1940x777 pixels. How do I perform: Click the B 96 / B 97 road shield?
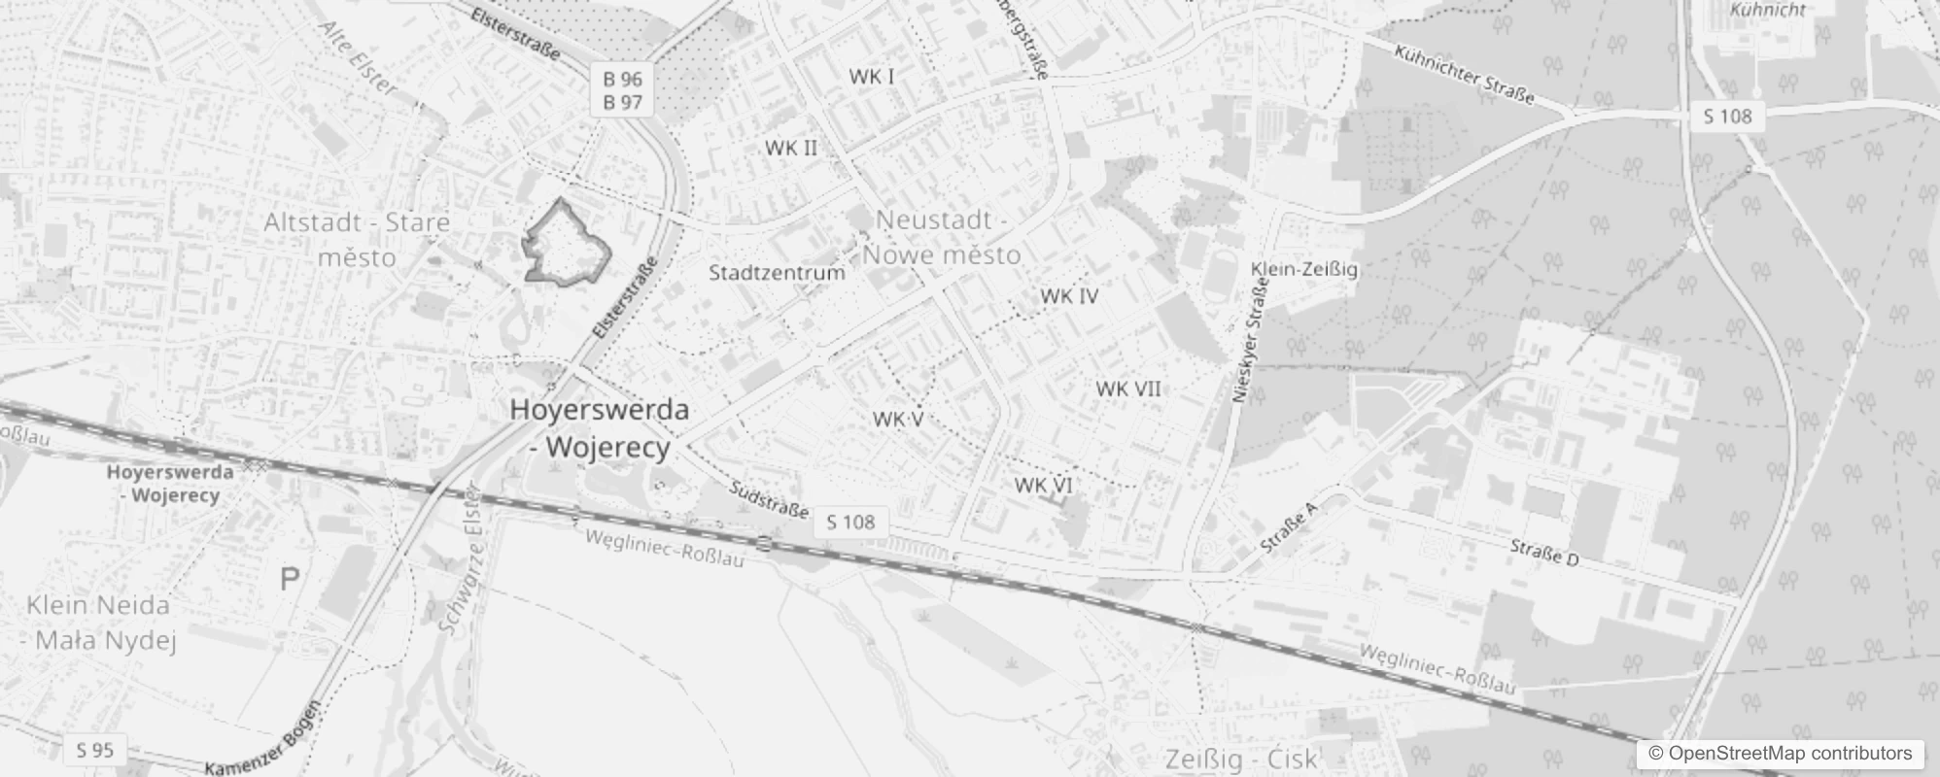tap(623, 90)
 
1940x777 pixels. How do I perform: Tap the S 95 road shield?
tap(95, 750)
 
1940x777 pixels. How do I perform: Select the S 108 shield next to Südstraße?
tap(850, 522)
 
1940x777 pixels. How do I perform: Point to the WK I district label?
tap(872, 77)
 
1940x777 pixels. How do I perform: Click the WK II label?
tap(791, 148)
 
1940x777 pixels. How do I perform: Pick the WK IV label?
tap(1069, 295)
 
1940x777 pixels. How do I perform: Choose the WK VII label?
tap(1128, 388)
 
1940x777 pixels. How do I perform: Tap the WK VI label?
tap(1043, 485)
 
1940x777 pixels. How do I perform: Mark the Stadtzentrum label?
tap(777, 272)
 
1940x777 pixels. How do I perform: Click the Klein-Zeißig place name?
tap(1304, 269)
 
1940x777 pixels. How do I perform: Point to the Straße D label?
tap(1545, 553)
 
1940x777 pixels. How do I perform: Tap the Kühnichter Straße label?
tap(1464, 74)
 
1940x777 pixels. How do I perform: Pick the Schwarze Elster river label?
tap(461, 558)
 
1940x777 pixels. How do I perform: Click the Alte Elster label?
tap(359, 59)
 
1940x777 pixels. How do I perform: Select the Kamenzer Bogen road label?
tap(261, 739)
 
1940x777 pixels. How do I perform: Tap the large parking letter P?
tap(290, 580)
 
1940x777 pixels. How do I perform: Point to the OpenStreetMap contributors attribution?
tap(1780, 754)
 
